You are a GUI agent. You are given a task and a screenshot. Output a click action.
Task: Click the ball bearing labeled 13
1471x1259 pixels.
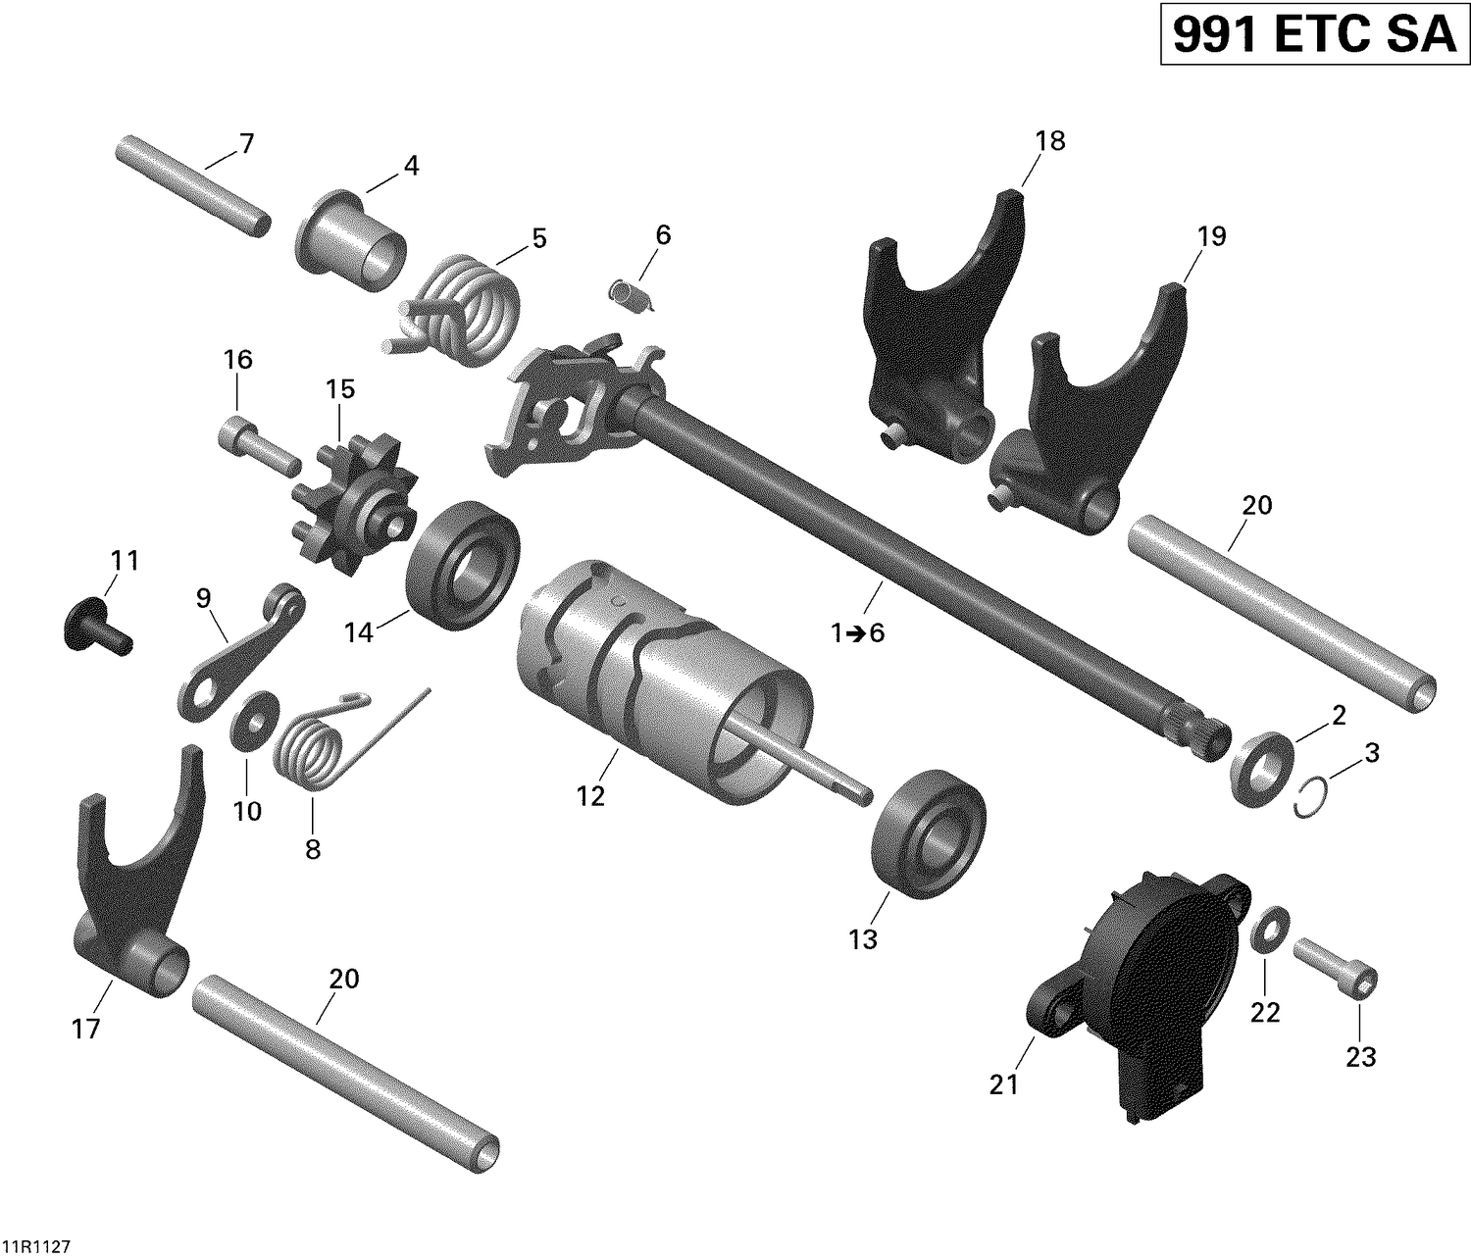coord(928,832)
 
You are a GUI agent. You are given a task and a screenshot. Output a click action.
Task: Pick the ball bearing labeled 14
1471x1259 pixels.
coord(462,566)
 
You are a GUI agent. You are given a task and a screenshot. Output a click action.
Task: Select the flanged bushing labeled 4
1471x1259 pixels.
coord(351,240)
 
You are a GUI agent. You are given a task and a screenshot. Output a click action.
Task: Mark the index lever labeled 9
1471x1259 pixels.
coord(240,657)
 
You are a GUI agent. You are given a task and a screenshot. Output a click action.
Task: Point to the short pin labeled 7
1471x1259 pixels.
coord(191,183)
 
